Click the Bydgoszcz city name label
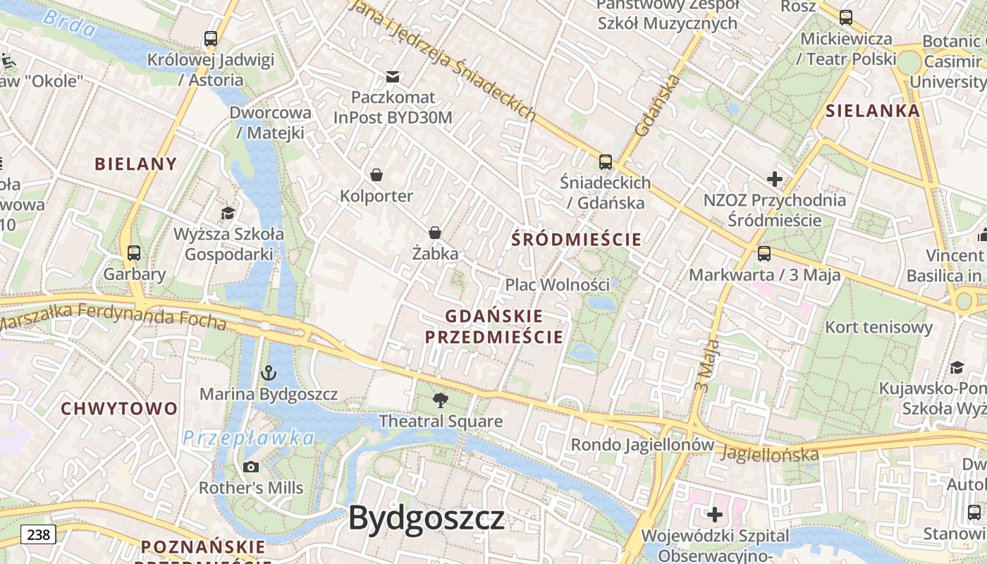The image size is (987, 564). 427,519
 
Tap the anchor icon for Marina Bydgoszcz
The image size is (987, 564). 268,372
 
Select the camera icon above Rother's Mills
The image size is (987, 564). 250,467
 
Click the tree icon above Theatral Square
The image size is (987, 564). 441,400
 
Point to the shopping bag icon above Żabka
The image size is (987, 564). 435,233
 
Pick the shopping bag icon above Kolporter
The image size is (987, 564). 376,174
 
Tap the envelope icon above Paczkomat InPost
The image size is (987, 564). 393,76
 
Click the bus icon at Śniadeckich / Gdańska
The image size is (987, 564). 605,161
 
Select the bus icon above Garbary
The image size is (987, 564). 134,252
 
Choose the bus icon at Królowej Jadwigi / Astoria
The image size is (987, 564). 210,38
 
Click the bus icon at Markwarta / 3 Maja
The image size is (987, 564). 764,254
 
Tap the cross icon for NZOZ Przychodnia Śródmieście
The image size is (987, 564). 775,179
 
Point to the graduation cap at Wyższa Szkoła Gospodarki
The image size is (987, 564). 228,213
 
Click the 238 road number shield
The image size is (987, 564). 38,535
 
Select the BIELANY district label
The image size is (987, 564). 136,164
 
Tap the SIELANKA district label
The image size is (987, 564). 873,111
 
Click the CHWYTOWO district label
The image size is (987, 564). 119,409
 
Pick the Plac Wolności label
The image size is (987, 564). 557,285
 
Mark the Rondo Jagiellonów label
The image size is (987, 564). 642,445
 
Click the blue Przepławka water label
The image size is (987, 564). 248,438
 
